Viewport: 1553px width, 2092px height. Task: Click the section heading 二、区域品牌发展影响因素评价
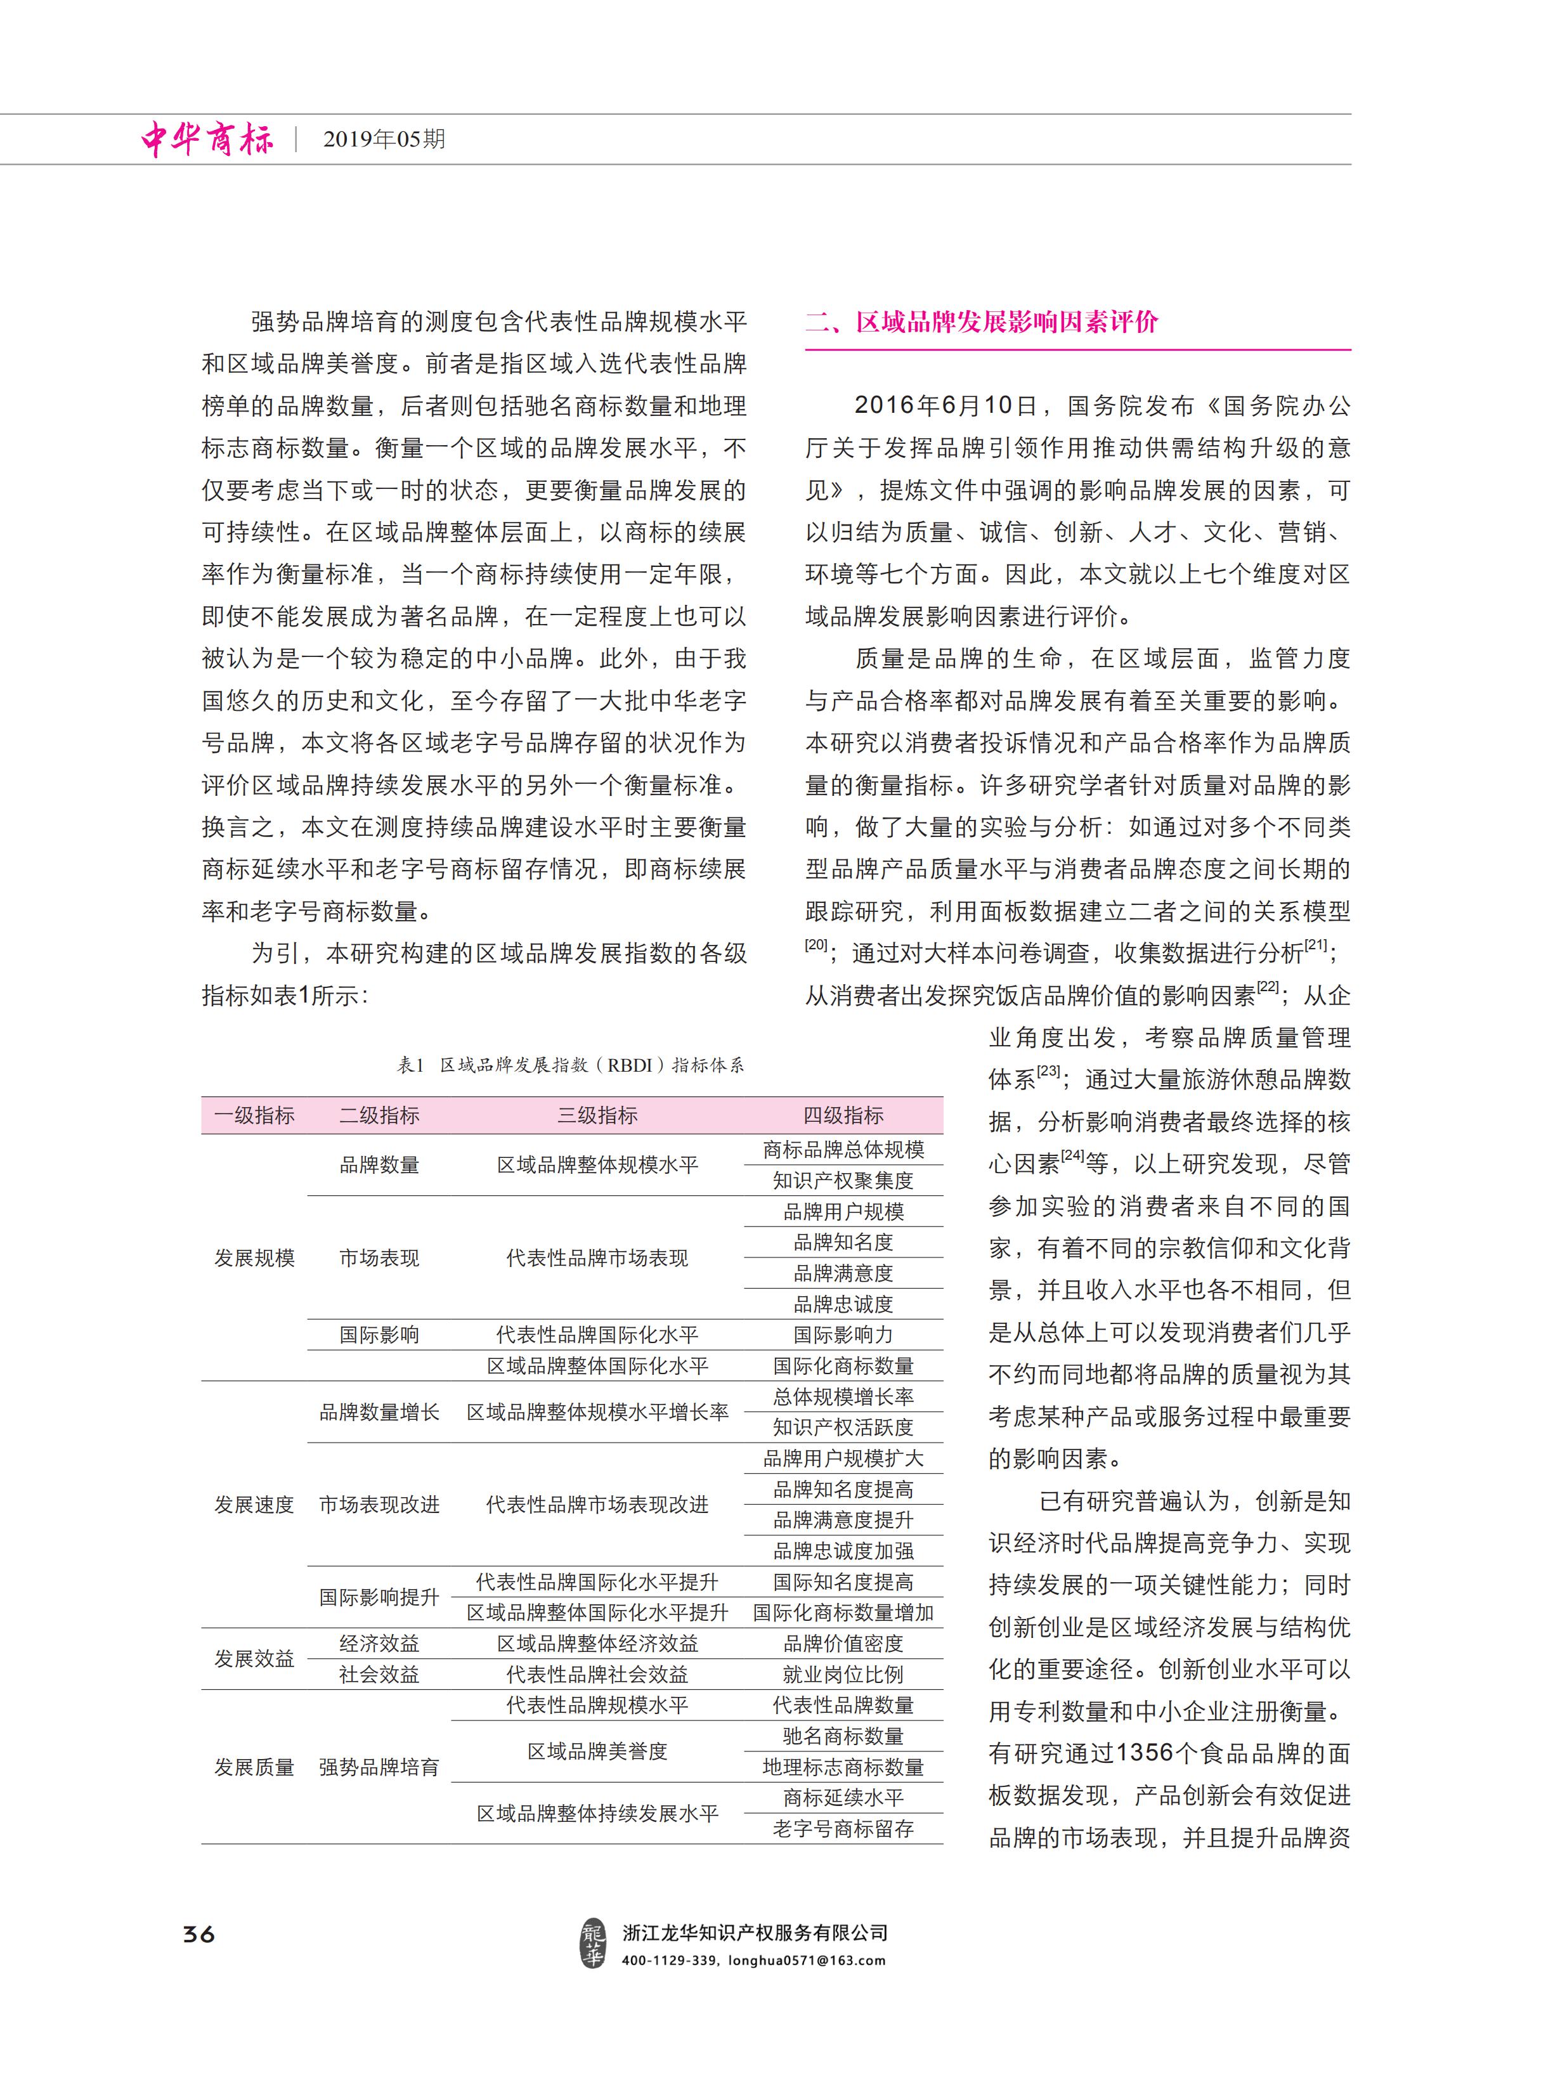(x=982, y=322)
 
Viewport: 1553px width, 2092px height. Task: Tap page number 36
(x=199, y=1933)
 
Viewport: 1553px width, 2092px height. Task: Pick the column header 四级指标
(x=843, y=1115)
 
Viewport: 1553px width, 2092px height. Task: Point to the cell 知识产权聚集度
(x=843, y=1180)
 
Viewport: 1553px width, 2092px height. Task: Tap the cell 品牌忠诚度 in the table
(x=843, y=1304)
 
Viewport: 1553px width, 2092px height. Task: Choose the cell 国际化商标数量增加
(x=843, y=1613)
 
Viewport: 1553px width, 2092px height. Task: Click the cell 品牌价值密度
(x=843, y=1644)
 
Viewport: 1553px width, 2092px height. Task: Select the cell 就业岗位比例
(x=843, y=1675)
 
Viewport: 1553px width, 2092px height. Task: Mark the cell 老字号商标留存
(x=843, y=1829)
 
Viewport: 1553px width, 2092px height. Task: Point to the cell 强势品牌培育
(x=379, y=1767)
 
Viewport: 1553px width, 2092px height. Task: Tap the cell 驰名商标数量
(x=843, y=1736)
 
